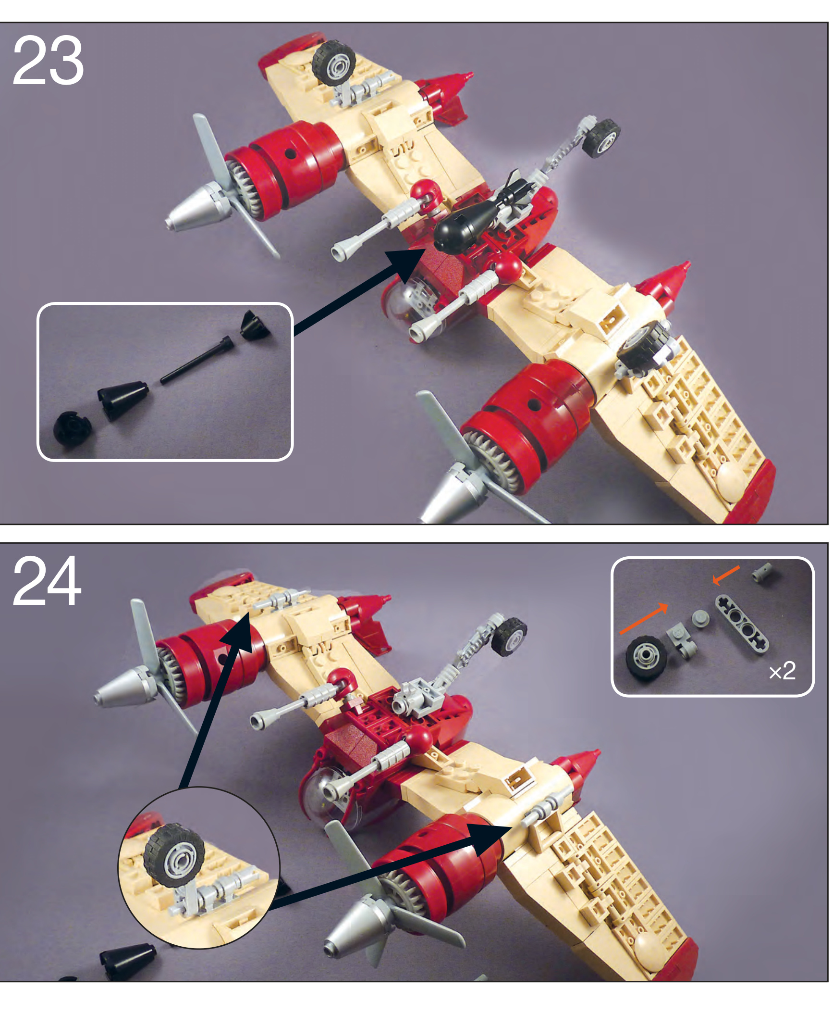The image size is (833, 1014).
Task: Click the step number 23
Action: [48, 61]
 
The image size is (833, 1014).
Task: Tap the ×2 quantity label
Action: [782, 671]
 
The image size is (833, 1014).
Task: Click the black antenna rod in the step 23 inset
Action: [197, 361]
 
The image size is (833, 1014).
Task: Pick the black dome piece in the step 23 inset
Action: [72, 428]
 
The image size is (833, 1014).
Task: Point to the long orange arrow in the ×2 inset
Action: [644, 619]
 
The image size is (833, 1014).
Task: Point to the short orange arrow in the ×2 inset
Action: [725, 575]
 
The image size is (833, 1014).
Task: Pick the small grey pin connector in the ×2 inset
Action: [763, 572]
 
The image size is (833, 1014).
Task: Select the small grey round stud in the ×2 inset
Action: [701, 618]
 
